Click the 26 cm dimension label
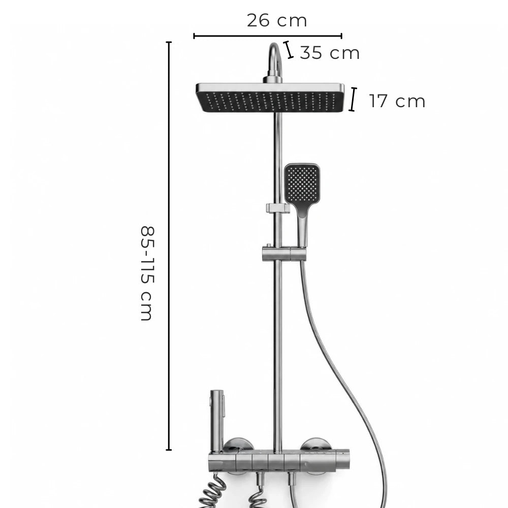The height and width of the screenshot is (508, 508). tap(277, 20)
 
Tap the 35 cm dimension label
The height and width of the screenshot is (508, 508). tap(330, 53)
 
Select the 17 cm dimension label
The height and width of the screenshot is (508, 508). tap(397, 101)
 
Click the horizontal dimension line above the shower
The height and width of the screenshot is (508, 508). tap(268, 36)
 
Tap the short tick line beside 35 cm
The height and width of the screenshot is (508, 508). tap(289, 50)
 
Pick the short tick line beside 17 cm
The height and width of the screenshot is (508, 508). tap(353, 99)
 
